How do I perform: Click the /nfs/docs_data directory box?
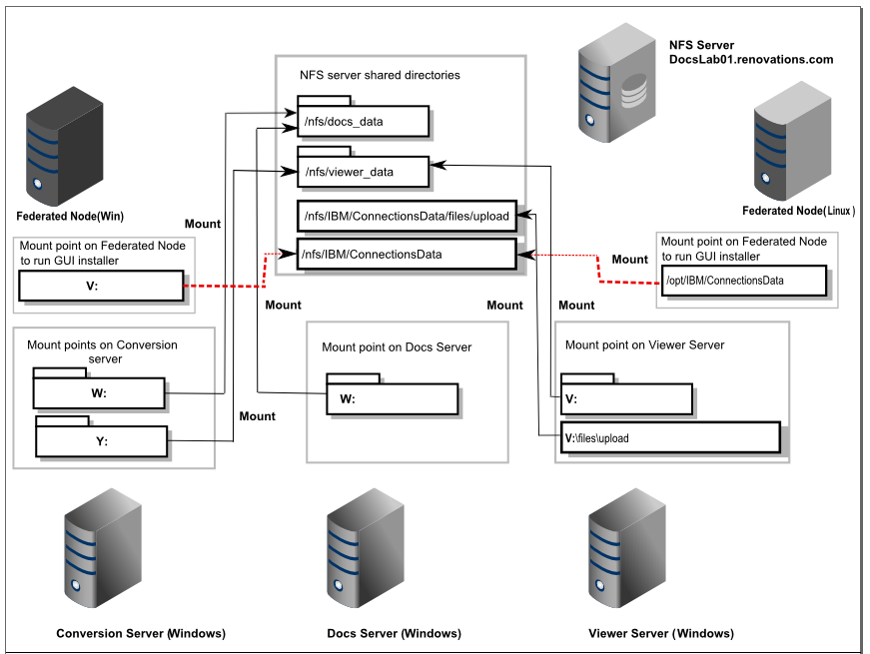[363, 122]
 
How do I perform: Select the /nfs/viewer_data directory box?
[363, 172]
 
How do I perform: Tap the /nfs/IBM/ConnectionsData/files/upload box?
[407, 216]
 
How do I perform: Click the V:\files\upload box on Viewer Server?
[669, 437]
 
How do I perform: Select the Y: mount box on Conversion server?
[101, 440]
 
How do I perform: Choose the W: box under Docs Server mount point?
[392, 398]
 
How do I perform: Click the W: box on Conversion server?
[99, 392]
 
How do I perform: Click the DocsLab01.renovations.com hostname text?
[750, 60]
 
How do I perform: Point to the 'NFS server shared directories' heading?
[380, 75]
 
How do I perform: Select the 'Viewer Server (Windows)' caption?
[661, 634]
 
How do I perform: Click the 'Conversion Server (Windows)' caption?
[141, 634]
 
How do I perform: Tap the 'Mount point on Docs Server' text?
[397, 347]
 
